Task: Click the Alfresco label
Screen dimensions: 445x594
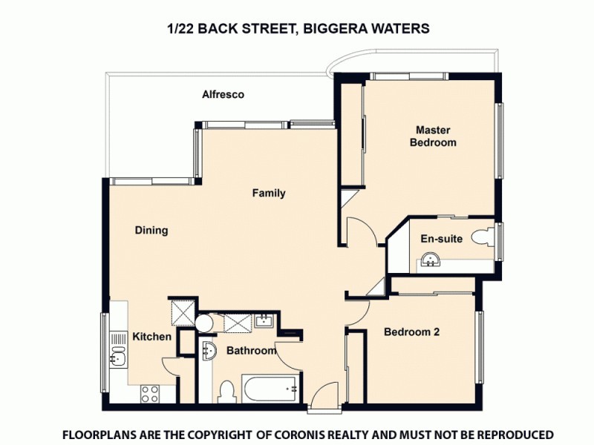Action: pos(223,95)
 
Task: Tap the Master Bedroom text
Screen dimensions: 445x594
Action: pos(433,136)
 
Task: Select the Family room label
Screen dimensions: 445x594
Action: pos(268,194)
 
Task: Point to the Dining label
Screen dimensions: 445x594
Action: pos(151,231)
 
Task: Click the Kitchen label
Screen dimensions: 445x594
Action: pos(152,337)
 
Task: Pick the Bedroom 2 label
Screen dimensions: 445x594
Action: pos(411,332)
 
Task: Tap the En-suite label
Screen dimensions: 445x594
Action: pos(442,239)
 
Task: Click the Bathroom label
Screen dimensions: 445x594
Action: pos(251,351)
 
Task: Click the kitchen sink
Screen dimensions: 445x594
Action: pos(118,357)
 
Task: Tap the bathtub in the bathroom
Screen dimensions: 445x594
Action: pos(272,388)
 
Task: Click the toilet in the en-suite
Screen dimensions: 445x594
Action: pos(483,237)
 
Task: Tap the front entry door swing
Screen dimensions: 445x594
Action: pos(324,395)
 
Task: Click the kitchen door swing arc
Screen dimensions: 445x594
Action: pos(171,366)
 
